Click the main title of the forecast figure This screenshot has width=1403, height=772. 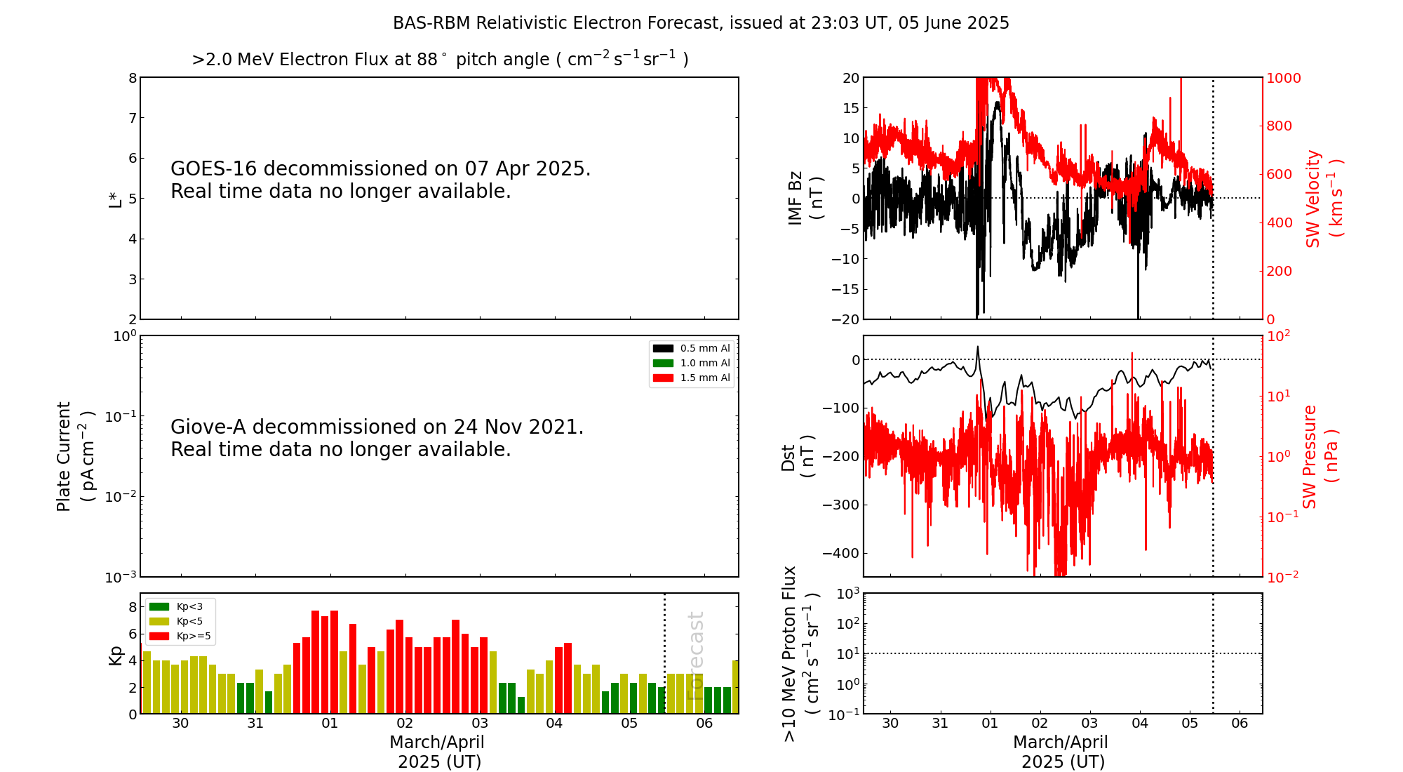click(x=701, y=23)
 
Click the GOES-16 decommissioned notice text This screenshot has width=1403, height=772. click(x=380, y=180)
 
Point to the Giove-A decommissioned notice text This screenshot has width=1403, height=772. click(x=377, y=438)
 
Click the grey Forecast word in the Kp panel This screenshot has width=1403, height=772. click(x=695, y=655)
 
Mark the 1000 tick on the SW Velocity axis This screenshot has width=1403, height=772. click(x=1283, y=78)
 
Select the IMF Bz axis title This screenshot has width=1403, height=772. click(x=805, y=198)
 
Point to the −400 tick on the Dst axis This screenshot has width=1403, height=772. click(x=841, y=553)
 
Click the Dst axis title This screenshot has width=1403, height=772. click(x=798, y=456)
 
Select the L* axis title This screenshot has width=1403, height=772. click(x=115, y=199)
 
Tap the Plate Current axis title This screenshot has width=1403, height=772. click(x=74, y=456)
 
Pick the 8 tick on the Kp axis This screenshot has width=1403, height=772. click(x=133, y=606)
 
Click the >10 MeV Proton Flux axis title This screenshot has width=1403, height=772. click(x=800, y=653)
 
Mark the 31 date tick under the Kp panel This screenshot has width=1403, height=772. click(x=255, y=724)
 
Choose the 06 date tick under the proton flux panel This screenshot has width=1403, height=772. click(x=1240, y=724)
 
